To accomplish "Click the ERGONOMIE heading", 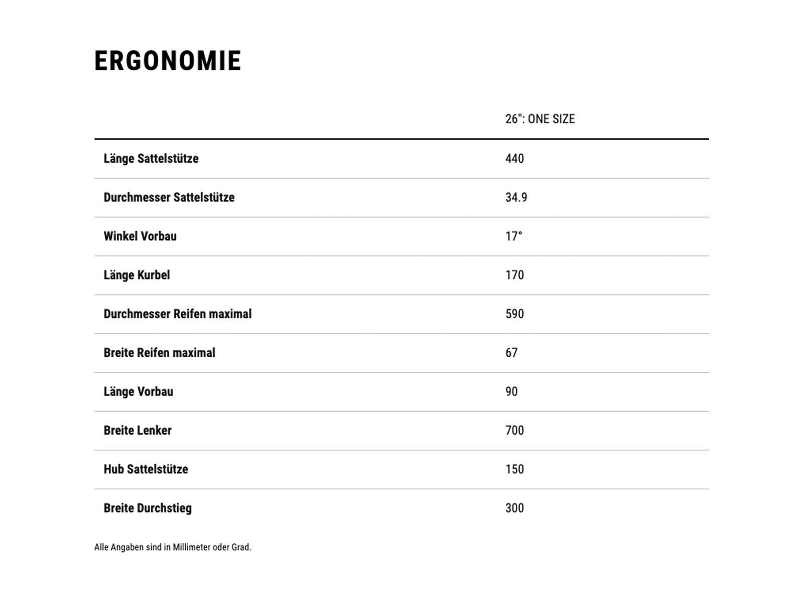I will click(x=168, y=61).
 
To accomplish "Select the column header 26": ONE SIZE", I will click(x=540, y=119).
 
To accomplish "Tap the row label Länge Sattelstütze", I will click(x=151, y=159).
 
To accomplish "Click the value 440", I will click(x=514, y=159).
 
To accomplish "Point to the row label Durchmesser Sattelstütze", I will click(x=169, y=197).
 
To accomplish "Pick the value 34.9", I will click(x=516, y=197).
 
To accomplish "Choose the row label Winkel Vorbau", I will click(x=140, y=236).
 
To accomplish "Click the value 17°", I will click(x=513, y=236).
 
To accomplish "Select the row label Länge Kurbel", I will click(x=137, y=275).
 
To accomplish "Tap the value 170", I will click(x=514, y=275).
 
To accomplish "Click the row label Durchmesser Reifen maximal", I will click(x=178, y=314).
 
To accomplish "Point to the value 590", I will click(x=514, y=314).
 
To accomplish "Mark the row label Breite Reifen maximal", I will click(x=159, y=353).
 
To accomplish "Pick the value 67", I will click(x=511, y=353).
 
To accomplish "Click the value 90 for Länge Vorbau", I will click(x=511, y=391).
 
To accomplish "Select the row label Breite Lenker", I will click(x=138, y=431).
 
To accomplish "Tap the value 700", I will click(x=514, y=431).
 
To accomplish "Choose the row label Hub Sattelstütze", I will click(x=146, y=469).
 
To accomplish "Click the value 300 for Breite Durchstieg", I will click(x=514, y=508).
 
